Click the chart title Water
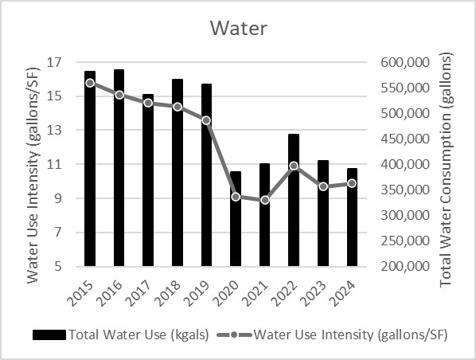(x=238, y=28)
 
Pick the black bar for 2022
(x=294, y=200)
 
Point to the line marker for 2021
(x=264, y=200)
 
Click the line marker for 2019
(x=206, y=120)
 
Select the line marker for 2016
(x=119, y=95)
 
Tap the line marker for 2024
(x=352, y=183)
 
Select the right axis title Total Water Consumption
(x=447, y=164)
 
